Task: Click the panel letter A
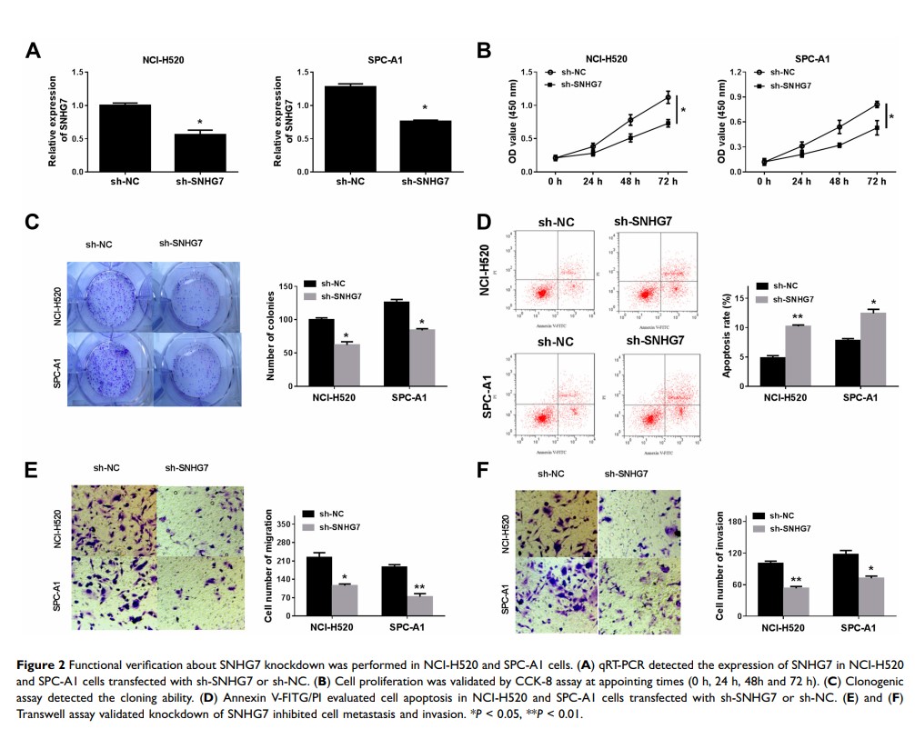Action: [x=33, y=52]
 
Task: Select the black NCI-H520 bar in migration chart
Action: [x=318, y=585]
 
